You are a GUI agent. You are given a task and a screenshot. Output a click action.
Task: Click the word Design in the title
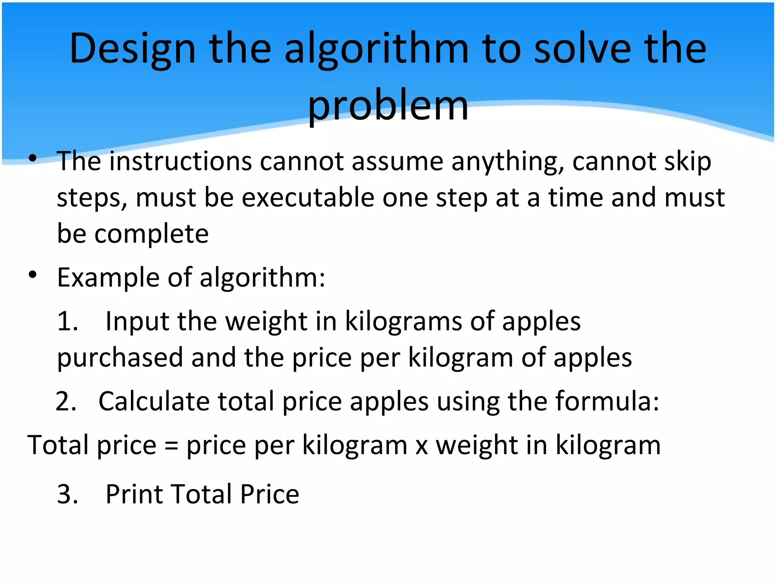coord(132,49)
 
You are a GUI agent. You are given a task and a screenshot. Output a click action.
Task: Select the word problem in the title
coord(388,106)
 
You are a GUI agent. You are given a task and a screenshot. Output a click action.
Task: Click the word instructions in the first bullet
coord(181,161)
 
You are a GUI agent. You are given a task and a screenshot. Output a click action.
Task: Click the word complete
coord(151,234)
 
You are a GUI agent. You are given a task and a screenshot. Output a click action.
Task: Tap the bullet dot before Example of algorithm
coord(33,274)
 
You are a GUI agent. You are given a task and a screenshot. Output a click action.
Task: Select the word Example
coord(108,278)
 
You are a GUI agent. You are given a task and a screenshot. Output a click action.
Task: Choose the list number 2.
coord(66,402)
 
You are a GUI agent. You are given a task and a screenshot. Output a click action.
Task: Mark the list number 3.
coord(67,494)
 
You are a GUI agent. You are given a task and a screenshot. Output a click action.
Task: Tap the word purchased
coord(120,358)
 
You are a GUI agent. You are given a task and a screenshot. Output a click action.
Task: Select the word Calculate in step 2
coord(154,401)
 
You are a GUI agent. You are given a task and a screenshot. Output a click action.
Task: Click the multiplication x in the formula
coord(422,446)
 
